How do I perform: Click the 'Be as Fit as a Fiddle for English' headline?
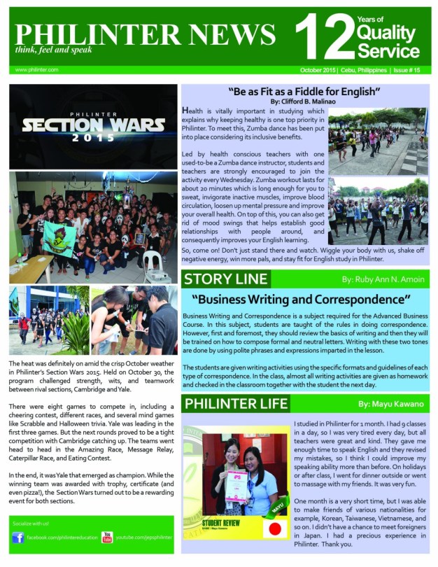(x=304, y=92)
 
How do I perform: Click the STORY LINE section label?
(x=226, y=280)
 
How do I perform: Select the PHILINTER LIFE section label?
(x=235, y=403)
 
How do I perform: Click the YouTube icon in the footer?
(x=107, y=538)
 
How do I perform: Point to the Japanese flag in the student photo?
(x=275, y=527)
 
